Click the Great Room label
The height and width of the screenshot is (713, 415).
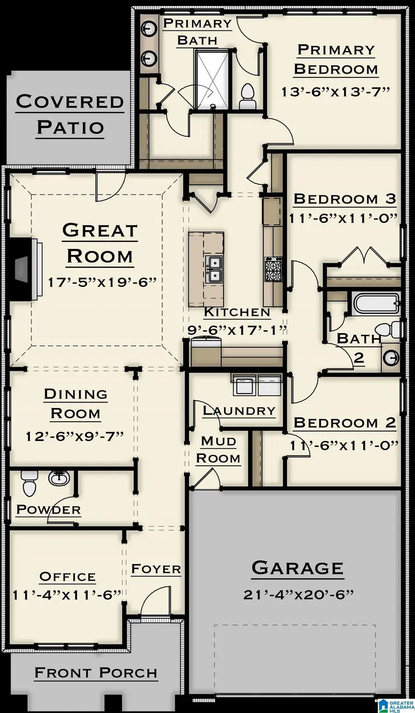100,243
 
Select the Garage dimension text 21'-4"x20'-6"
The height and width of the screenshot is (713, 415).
298,594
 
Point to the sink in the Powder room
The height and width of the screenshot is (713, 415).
59,478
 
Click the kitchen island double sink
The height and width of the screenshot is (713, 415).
214,269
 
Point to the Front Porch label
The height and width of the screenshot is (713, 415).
96,673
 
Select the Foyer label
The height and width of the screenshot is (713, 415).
156,569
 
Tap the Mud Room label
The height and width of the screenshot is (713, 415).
219,450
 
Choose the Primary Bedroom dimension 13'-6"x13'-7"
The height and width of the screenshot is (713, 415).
336,91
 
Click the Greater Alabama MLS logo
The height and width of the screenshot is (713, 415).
396,705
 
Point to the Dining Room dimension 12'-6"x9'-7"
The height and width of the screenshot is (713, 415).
75,436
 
